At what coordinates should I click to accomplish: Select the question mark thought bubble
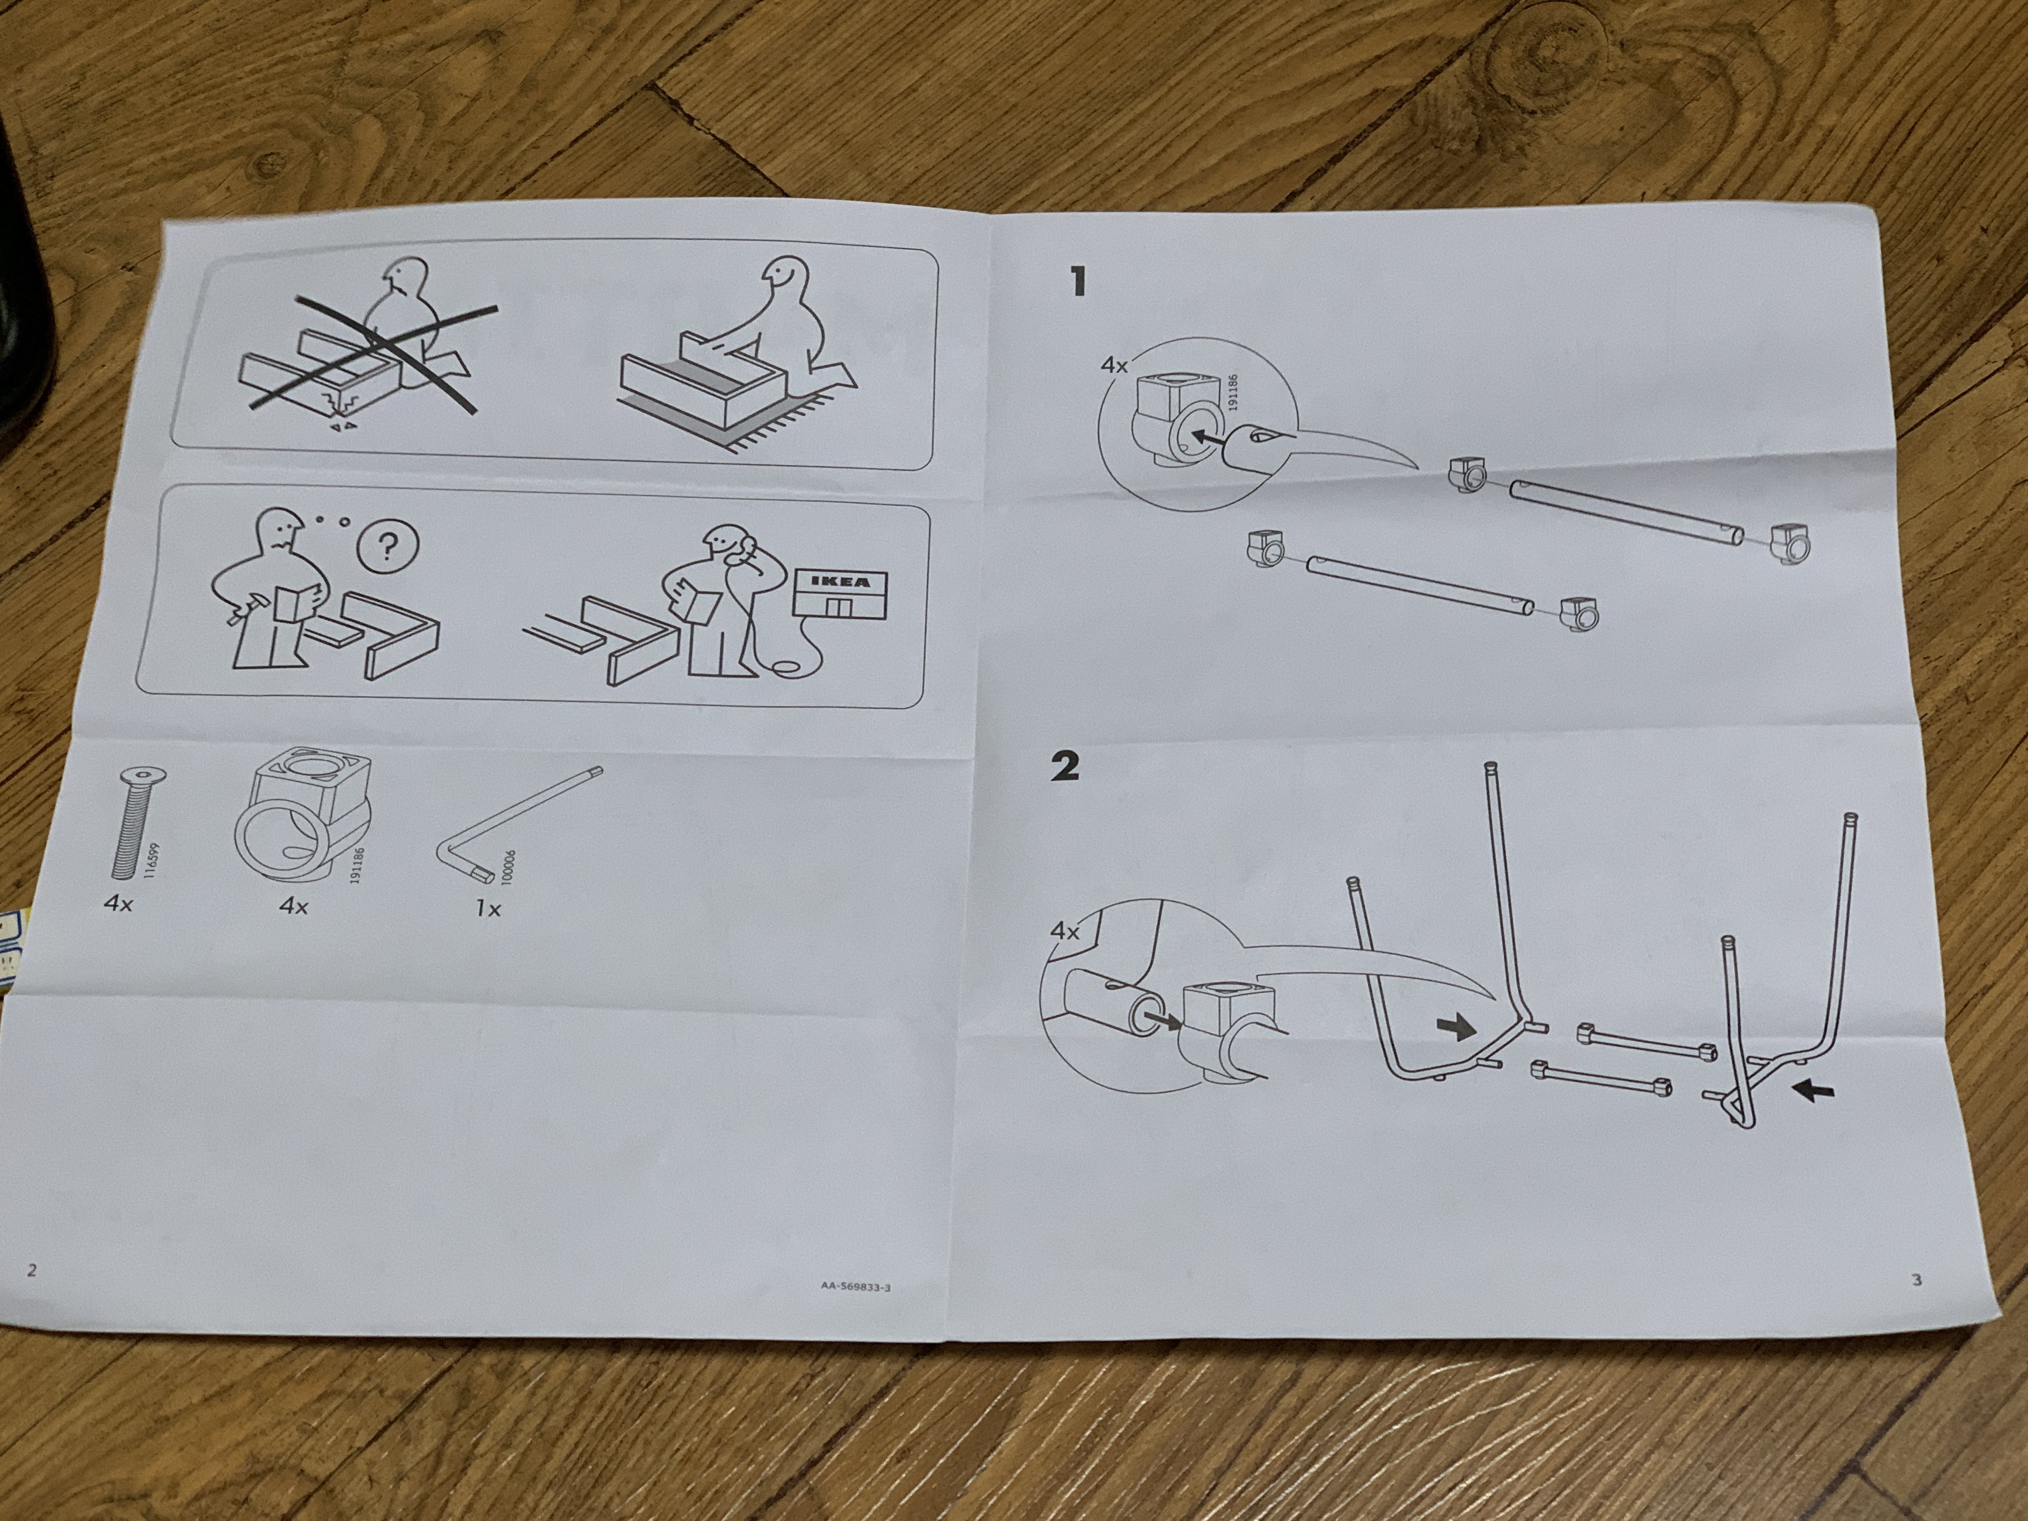[387, 548]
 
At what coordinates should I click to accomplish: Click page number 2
[32, 1271]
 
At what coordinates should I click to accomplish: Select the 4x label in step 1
[1115, 365]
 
